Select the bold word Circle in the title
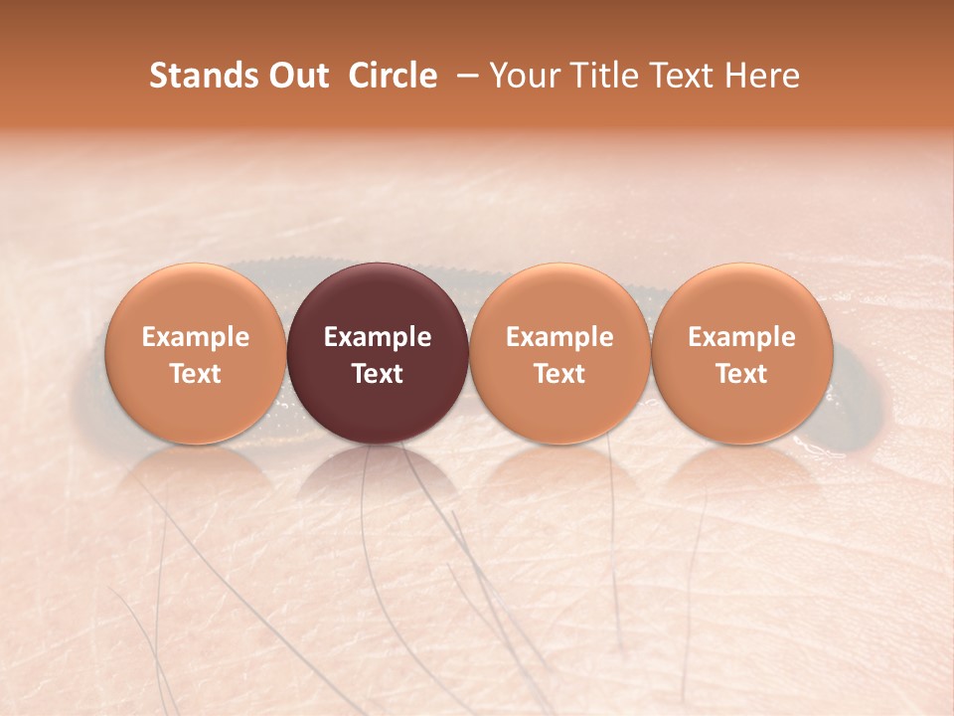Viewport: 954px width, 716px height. pos(392,76)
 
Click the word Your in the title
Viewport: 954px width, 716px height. pos(523,76)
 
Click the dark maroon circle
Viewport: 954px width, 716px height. pos(378,298)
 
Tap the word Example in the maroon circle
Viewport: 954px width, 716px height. pos(378,337)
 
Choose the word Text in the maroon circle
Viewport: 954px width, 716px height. pos(378,374)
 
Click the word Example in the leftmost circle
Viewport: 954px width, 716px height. pos(195,337)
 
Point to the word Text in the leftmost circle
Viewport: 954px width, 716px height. pos(195,374)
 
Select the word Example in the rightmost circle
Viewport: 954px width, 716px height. pos(741,337)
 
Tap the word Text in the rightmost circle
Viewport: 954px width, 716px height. pos(741,374)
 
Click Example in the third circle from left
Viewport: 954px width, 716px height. pos(559,337)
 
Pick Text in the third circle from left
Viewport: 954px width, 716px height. pos(559,374)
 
